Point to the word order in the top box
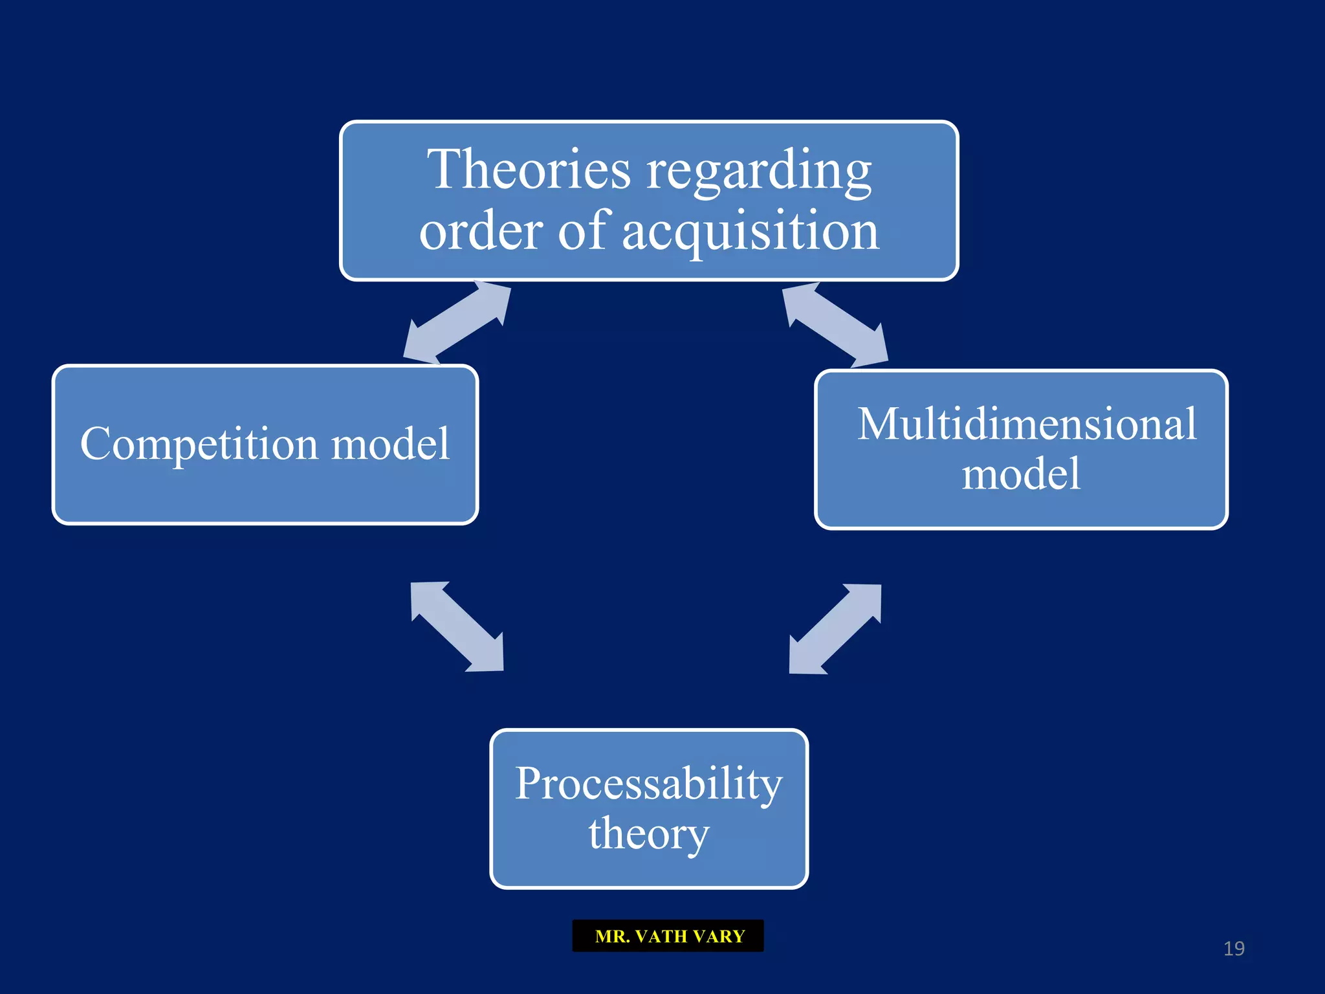(481, 232)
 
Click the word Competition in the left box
(199, 445)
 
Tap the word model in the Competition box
(390, 445)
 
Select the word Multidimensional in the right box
(1027, 425)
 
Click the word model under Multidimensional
(1021, 474)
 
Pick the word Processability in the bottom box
(648, 784)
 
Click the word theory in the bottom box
(648, 834)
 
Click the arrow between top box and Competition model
(457, 322)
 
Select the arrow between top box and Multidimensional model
(835, 324)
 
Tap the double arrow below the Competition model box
(457, 626)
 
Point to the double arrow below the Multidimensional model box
(835, 629)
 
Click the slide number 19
(1234, 949)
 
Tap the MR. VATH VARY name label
(668, 936)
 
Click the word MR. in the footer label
(612, 936)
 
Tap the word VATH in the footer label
(661, 936)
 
